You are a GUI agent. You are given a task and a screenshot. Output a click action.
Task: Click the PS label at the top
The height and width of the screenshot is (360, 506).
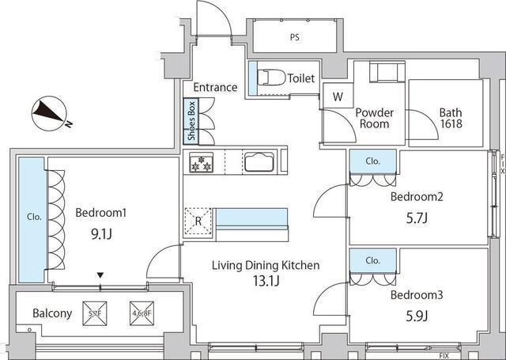click(294, 36)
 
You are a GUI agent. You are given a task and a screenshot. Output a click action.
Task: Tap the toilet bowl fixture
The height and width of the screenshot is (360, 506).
click(271, 78)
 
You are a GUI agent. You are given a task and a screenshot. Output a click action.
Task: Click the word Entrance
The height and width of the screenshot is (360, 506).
click(214, 87)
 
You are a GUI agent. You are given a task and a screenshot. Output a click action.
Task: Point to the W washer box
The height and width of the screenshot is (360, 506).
click(338, 98)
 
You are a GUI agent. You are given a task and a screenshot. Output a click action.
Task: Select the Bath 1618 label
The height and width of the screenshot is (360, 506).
click(451, 118)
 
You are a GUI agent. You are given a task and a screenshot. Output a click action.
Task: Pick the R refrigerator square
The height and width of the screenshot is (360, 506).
click(197, 221)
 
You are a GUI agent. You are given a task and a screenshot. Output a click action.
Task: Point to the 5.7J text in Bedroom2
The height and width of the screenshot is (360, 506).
click(417, 217)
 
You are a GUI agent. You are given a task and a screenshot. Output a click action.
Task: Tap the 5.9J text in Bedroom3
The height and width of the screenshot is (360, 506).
click(417, 316)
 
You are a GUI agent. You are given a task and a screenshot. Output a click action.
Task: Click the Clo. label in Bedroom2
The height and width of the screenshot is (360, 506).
click(373, 161)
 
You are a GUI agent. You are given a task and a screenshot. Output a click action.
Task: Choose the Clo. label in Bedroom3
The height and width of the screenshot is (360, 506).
click(373, 260)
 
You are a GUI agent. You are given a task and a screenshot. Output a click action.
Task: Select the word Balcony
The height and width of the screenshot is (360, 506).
click(52, 313)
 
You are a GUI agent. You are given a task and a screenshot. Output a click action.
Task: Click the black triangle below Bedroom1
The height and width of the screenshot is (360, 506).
click(100, 275)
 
